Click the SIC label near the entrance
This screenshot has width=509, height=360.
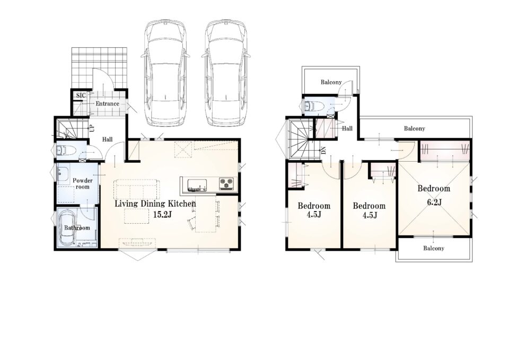point(81,95)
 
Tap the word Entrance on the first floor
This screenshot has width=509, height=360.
point(107,104)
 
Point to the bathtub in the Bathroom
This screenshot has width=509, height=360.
point(67,227)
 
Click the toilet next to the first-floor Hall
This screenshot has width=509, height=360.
point(66,151)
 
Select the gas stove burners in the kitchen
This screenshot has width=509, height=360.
point(226,184)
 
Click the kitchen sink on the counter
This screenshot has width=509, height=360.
point(197,185)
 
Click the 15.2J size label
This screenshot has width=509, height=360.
point(162,215)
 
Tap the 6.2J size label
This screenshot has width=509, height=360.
point(434,203)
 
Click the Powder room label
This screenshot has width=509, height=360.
point(83,184)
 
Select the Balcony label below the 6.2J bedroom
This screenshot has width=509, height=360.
point(433,248)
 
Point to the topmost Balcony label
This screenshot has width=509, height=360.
point(331,82)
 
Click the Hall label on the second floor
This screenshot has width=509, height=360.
point(347,128)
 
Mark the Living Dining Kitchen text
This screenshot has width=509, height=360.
point(155,204)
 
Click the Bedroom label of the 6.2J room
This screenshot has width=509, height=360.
point(434,189)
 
